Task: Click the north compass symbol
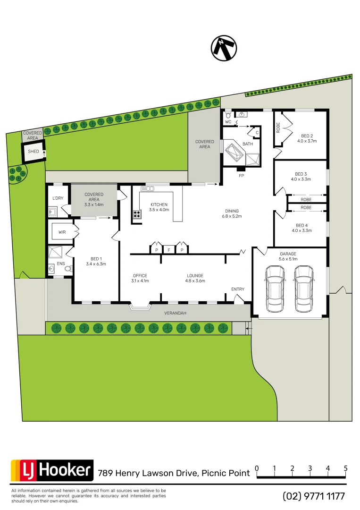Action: pyautogui.click(x=224, y=48)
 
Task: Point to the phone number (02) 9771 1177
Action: pyautogui.click(x=314, y=496)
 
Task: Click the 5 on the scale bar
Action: pyautogui.click(x=346, y=468)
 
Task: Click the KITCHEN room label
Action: pyautogui.click(x=159, y=204)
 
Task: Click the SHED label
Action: pyautogui.click(x=33, y=152)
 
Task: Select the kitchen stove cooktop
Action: pyautogui.click(x=137, y=214)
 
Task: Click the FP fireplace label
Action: pyautogui.click(x=241, y=175)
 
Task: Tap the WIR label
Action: pyautogui.click(x=62, y=232)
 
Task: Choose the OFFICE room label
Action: pyautogui.click(x=140, y=276)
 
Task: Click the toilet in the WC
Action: pyautogui.click(x=228, y=114)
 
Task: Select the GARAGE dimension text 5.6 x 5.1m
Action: pyautogui.click(x=288, y=259)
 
